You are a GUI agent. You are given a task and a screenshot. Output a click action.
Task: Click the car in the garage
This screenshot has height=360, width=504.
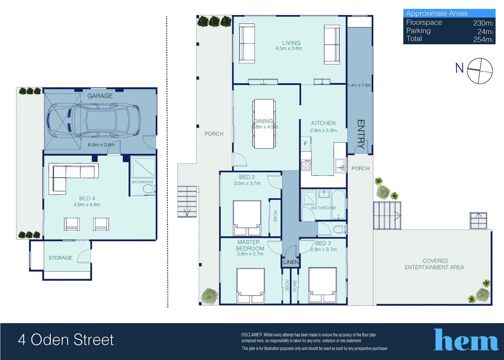(x=94, y=120)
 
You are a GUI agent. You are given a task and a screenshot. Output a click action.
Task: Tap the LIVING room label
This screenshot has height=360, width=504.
(x=291, y=43)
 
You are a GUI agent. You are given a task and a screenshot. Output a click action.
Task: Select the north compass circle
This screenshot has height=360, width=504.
(x=480, y=71)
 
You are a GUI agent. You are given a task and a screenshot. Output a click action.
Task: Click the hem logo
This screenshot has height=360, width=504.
(x=466, y=340)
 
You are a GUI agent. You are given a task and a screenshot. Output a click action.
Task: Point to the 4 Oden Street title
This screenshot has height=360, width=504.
(x=66, y=340)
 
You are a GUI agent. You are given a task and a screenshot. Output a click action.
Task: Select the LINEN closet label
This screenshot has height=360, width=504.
(x=291, y=262)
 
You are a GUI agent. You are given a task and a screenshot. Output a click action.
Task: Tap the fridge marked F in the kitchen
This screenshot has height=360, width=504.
(x=306, y=144)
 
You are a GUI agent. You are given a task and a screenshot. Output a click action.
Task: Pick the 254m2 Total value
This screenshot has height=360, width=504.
(x=483, y=39)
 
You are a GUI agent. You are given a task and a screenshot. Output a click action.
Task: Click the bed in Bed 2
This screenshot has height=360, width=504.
(x=247, y=218)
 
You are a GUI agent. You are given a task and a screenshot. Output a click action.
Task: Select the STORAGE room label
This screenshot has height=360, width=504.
(x=60, y=258)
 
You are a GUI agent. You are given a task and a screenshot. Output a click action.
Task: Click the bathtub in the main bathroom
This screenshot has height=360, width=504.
(x=339, y=204)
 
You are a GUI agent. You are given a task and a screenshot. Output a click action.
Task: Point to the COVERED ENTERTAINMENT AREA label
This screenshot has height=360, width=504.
(x=434, y=264)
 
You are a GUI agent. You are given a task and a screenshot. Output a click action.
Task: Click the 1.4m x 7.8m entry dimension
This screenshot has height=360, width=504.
(x=359, y=85)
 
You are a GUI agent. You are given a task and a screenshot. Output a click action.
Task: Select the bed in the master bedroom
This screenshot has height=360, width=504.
(x=251, y=285)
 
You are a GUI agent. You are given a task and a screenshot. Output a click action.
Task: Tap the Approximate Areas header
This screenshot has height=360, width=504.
(x=437, y=13)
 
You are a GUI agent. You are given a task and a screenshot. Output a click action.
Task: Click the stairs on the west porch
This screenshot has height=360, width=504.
(x=187, y=202)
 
